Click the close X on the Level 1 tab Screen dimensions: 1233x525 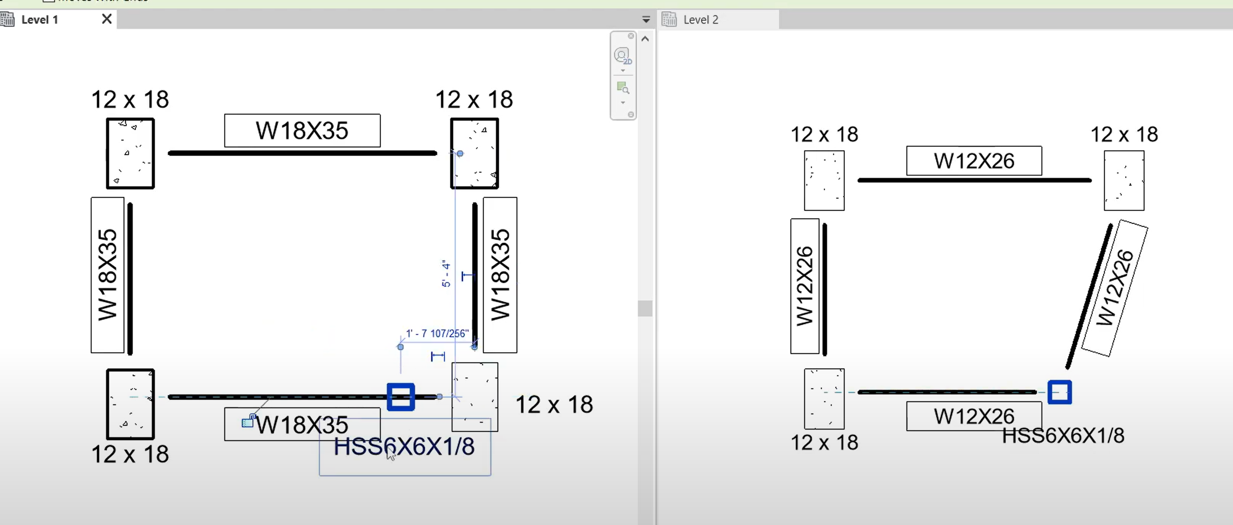[x=107, y=19]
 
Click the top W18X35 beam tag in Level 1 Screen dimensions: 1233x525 [x=303, y=131]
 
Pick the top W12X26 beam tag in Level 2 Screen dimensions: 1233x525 [x=974, y=161]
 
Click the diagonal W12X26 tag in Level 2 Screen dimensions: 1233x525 [x=1115, y=288]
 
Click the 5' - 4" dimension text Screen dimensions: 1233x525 [x=446, y=273]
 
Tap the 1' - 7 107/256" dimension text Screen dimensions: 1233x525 [x=437, y=333]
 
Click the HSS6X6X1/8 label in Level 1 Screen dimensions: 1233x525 [x=404, y=446]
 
